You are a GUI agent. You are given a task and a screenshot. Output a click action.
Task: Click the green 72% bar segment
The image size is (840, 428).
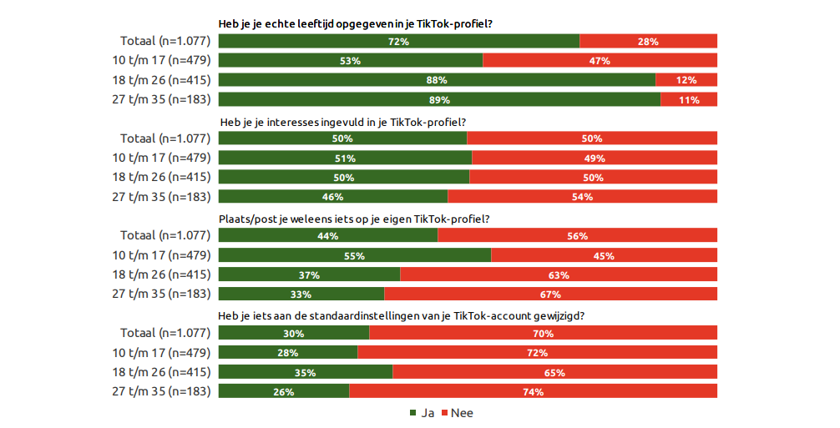pos(398,41)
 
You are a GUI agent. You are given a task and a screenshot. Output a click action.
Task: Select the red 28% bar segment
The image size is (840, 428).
pos(648,41)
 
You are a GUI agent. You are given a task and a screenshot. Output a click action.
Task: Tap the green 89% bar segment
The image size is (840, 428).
pos(439,99)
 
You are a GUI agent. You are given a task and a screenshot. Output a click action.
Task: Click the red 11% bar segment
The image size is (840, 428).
pos(689,99)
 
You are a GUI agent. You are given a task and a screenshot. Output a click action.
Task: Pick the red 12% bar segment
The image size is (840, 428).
pos(686,80)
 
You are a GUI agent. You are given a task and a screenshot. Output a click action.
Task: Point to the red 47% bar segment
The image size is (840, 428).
pos(600,61)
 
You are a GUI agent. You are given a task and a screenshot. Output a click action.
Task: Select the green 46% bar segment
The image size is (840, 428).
pos(333,197)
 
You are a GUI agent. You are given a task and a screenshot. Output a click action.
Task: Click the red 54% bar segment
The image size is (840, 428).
pos(582,197)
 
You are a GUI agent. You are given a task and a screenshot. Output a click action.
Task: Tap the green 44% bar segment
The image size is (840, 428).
pos(327,236)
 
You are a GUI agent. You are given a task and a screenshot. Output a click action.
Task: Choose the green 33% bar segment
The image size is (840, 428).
pos(301,294)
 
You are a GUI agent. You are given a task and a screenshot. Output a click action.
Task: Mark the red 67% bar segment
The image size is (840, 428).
pos(550,294)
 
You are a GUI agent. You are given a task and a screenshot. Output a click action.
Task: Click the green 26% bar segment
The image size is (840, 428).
pos(283,391)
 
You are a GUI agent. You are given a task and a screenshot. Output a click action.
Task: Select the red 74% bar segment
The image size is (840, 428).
pos(533,391)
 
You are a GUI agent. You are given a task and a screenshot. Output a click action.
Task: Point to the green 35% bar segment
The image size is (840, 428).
pos(305,372)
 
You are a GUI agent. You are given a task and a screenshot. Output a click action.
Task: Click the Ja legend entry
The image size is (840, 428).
pos(422,413)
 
